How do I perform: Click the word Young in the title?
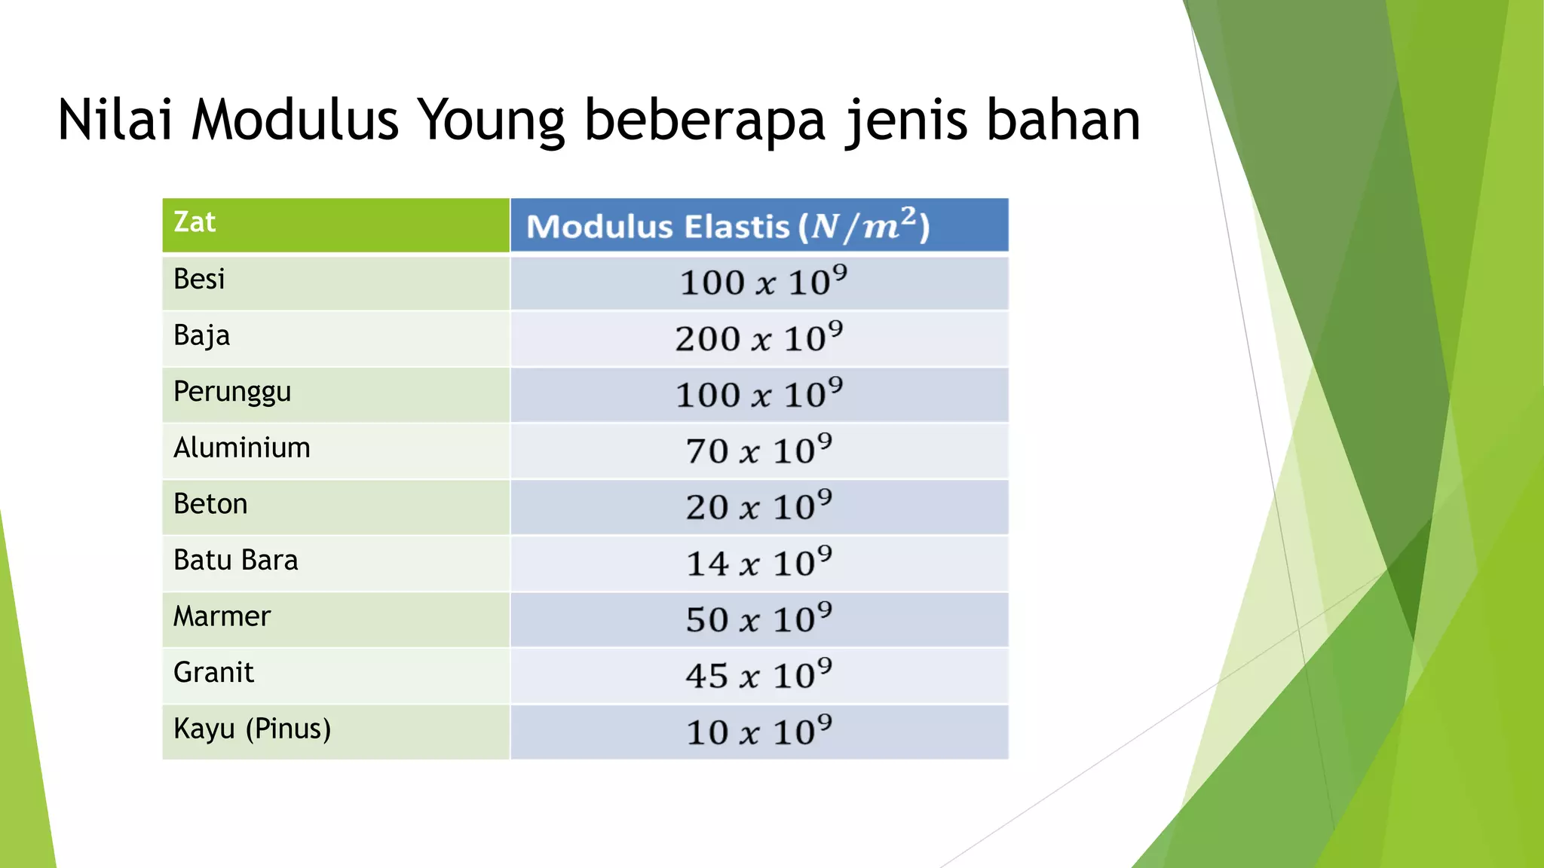(x=490, y=121)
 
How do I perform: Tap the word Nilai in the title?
(x=115, y=120)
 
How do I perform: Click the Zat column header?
(x=195, y=222)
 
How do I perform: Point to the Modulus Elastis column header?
(x=728, y=226)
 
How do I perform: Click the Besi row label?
(x=199, y=280)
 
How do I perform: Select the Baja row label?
(x=201, y=336)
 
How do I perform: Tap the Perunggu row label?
(x=232, y=393)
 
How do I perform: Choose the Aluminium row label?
(x=242, y=448)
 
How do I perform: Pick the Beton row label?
(x=210, y=504)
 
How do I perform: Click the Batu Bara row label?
(x=236, y=561)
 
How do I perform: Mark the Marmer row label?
(x=222, y=616)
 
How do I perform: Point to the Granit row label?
(x=213, y=672)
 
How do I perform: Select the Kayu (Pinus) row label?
(x=253, y=729)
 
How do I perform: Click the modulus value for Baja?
(x=759, y=338)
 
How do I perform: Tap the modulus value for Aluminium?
(x=759, y=451)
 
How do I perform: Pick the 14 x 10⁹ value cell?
(x=759, y=563)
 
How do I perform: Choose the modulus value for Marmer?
(x=759, y=619)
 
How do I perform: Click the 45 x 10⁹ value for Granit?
(x=759, y=675)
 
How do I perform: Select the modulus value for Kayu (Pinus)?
(x=759, y=732)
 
